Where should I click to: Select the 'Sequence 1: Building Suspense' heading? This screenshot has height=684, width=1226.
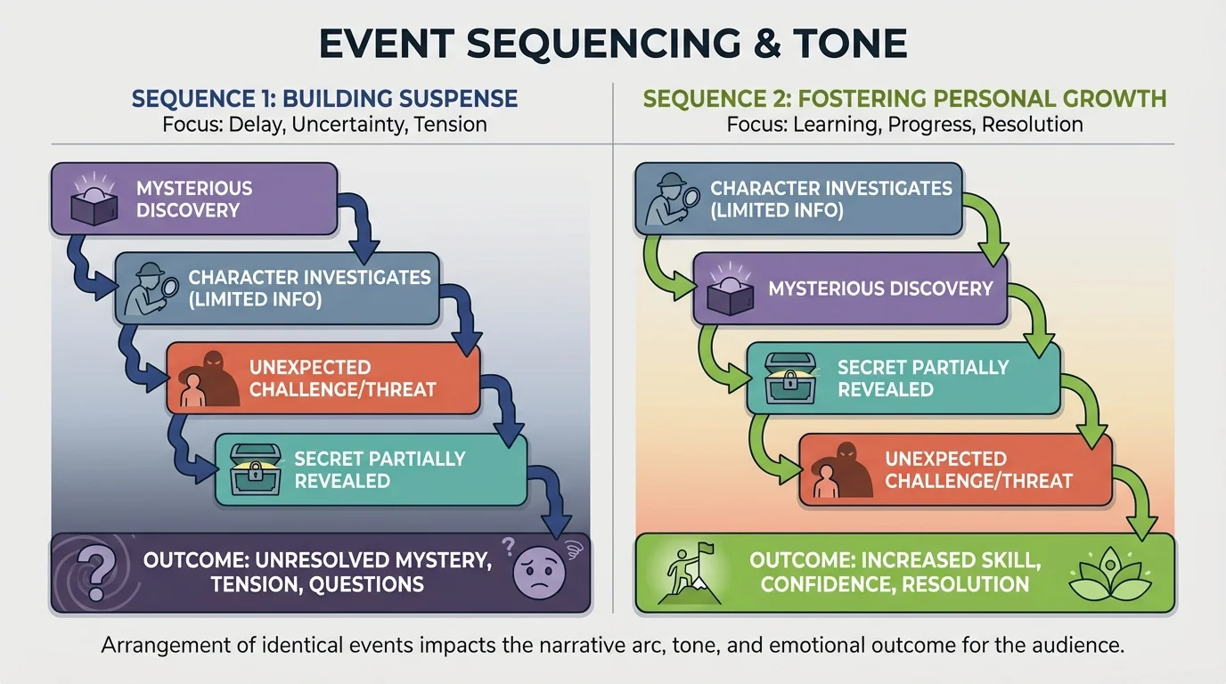tap(324, 97)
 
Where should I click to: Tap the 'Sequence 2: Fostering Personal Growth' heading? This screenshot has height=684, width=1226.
tap(904, 97)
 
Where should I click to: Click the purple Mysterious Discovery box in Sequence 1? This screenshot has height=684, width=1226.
tap(193, 199)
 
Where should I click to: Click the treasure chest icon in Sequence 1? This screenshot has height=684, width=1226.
tap(256, 469)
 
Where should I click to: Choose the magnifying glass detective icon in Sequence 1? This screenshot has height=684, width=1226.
tap(148, 287)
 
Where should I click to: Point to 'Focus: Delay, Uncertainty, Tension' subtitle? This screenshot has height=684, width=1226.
tap(324, 124)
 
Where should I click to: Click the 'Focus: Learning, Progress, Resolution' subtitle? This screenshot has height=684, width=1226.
tap(904, 124)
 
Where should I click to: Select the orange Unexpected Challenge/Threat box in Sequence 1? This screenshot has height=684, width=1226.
tap(323, 379)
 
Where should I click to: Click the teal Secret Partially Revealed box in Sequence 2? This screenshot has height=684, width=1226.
tap(903, 379)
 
